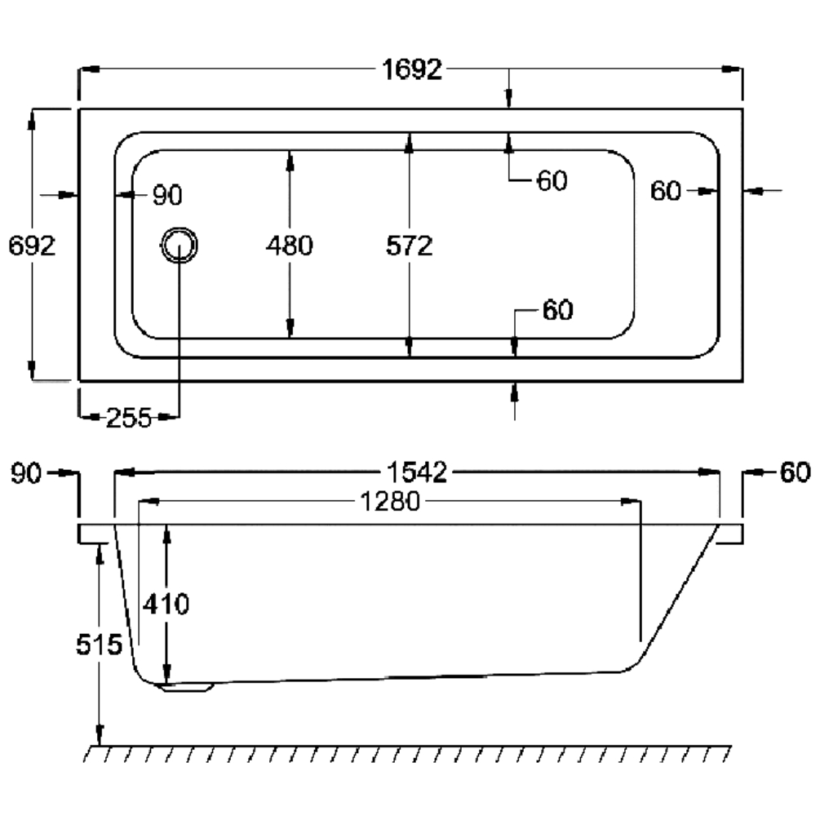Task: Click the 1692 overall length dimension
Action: click(412, 69)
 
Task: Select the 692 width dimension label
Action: click(32, 246)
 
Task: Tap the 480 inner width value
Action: click(289, 246)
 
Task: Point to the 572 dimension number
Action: click(410, 246)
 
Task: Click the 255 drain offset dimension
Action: click(129, 418)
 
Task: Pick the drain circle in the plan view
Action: click(180, 246)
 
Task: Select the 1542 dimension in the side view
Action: click(417, 472)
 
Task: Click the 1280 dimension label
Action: click(390, 501)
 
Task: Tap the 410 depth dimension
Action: click(166, 605)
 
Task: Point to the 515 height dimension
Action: click(100, 645)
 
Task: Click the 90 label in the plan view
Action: click(167, 196)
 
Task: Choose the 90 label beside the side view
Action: click(26, 474)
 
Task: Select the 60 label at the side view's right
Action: click(795, 472)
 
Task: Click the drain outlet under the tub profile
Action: click(188, 687)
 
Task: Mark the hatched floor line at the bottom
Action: click(408, 754)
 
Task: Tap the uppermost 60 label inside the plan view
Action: click(552, 181)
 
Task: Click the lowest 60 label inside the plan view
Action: click(558, 310)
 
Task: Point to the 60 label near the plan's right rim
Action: click(666, 192)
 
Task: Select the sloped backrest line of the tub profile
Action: click(679, 596)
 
